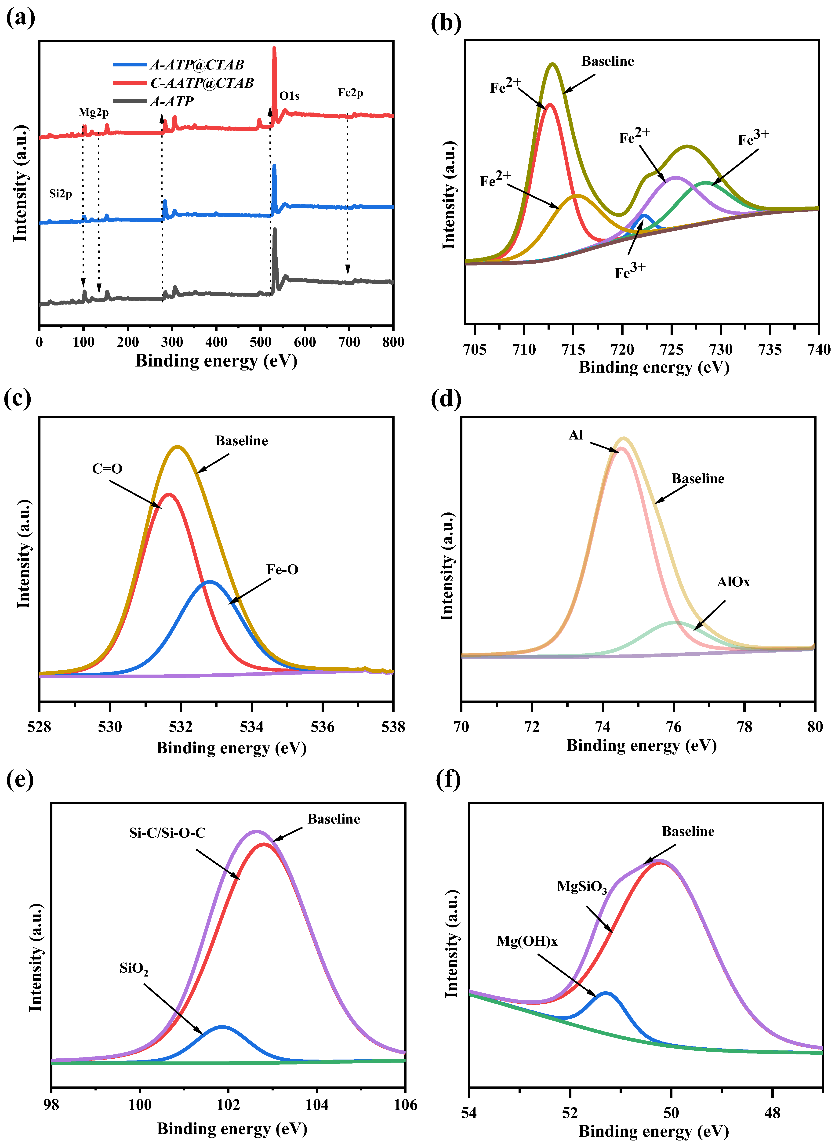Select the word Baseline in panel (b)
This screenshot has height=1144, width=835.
pos(608,61)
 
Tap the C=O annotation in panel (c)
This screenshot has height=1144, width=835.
pos(107,469)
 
